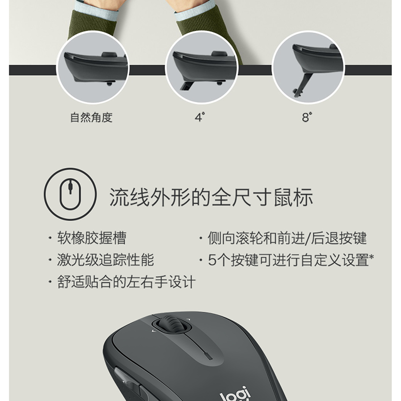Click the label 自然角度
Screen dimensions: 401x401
point(91,117)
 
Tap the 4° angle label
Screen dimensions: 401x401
point(199,117)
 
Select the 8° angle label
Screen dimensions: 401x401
point(307,117)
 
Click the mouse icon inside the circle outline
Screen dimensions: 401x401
point(70,194)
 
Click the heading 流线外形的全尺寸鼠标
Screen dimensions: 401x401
point(211,197)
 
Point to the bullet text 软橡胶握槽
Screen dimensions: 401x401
point(92,238)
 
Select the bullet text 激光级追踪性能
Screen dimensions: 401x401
point(105,260)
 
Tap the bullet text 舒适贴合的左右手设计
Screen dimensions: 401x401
point(126,282)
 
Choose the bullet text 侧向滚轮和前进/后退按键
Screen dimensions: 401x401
point(287,238)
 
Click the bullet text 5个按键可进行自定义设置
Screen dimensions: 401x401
point(288,260)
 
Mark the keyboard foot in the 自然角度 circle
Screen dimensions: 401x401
point(109,83)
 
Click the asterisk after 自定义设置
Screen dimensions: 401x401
point(371,256)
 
